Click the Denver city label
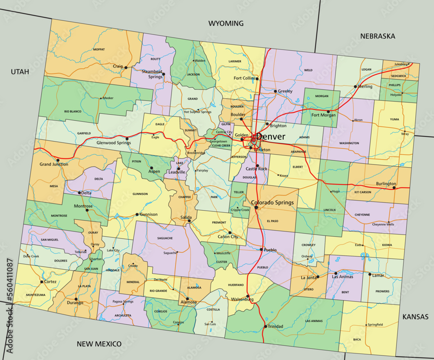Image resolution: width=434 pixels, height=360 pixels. [x=271, y=137]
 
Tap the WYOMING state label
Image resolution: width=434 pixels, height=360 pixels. [x=226, y=23]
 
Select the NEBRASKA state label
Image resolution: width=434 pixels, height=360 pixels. [x=378, y=36]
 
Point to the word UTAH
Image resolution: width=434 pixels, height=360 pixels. [x=20, y=72]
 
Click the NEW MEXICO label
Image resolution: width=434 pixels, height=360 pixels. [x=99, y=344]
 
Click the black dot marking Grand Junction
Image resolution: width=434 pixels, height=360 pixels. [x=58, y=160]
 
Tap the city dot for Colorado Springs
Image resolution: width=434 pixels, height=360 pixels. [x=256, y=208]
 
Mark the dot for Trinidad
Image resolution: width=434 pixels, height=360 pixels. [x=265, y=326]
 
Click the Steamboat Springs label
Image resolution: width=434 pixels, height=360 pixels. [x=152, y=74]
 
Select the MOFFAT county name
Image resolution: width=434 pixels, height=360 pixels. [x=99, y=50]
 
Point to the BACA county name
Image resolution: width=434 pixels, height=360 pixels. [x=357, y=339]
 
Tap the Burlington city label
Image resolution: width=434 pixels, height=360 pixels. [x=386, y=184]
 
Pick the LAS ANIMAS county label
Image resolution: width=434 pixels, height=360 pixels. [x=314, y=321]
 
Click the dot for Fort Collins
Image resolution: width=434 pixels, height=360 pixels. [x=257, y=79]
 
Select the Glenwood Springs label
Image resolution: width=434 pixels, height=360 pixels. [x=113, y=142]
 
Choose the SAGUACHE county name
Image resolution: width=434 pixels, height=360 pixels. [x=164, y=238]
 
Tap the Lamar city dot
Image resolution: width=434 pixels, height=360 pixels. [x=370, y=274]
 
